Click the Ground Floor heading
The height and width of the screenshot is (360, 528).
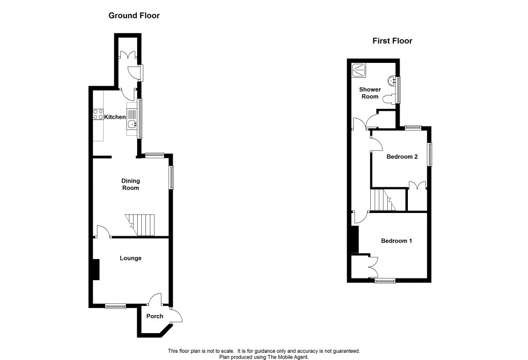[134, 15]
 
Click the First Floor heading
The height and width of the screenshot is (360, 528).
[392, 41]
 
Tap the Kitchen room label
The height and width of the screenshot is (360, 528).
[115, 117]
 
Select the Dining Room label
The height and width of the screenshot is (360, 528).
[130, 184]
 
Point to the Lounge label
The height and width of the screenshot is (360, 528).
[130, 258]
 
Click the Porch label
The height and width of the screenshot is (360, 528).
[155, 316]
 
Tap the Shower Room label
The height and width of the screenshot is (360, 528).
[370, 93]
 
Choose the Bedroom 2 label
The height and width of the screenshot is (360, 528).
[402, 157]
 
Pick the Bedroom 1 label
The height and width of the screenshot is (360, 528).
[397, 241]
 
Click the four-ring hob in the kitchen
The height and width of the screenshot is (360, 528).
[98, 114]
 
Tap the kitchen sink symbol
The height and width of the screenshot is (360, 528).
[131, 119]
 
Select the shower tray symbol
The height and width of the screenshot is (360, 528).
[359, 71]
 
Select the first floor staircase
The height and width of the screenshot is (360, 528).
[384, 200]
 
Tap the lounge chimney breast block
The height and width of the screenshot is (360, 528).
[96, 269]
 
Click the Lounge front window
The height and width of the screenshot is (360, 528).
[115, 306]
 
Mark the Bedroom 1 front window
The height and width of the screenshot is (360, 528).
[385, 281]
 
